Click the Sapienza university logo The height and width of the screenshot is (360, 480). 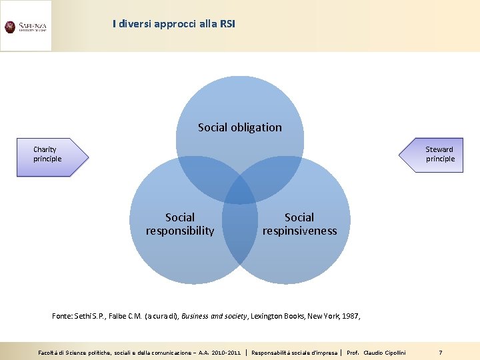click(25, 27)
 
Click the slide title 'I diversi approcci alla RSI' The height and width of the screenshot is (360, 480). click(174, 24)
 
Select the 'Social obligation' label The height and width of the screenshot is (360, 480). click(240, 127)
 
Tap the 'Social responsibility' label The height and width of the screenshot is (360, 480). click(180, 224)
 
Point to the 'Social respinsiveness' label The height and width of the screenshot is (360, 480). click(299, 224)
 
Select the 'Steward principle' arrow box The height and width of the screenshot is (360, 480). click(434, 155)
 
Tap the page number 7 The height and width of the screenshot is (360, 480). click(440, 351)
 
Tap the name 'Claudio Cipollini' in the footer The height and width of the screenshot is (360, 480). click(385, 351)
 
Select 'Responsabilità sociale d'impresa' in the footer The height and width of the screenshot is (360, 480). click(294, 351)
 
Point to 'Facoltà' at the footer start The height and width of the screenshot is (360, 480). click(48, 351)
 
